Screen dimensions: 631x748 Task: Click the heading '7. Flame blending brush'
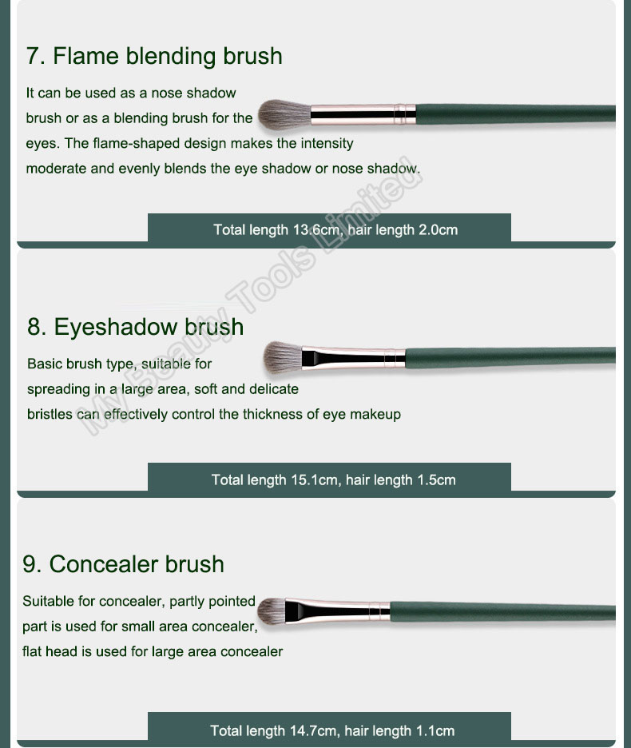pos(154,56)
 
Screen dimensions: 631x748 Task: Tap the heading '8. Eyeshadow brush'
pos(136,327)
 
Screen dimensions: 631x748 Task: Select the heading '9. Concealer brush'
pos(123,564)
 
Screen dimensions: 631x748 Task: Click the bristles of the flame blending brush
pos(284,114)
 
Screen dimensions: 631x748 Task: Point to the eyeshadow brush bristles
pos(283,357)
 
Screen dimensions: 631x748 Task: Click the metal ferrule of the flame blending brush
pos(363,114)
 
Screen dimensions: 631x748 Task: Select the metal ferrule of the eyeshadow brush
pos(354,358)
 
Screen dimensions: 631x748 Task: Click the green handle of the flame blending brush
pos(515,114)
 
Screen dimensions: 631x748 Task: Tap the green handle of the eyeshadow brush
pos(510,358)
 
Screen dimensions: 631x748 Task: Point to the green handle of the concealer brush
pos(502,611)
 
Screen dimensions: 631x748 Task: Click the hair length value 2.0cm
pos(438,230)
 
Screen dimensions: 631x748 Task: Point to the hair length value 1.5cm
pos(436,480)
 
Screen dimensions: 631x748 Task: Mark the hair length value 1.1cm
pos(435,731)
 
